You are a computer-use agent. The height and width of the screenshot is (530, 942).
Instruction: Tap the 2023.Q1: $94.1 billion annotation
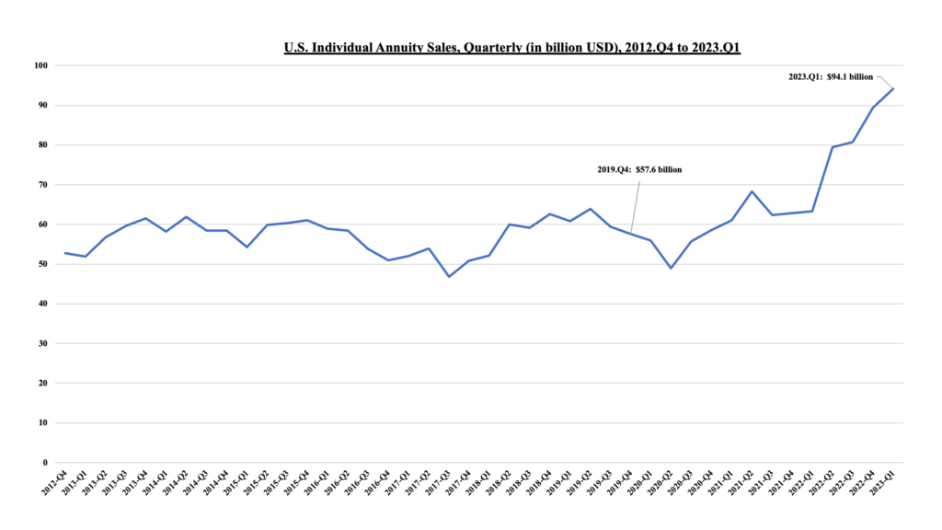[831, 77]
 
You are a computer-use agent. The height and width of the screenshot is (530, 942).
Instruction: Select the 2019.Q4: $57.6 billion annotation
[639, 169]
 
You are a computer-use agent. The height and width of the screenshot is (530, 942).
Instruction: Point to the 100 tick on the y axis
[40, 65]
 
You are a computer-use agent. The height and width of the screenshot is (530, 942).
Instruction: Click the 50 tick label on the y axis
[42, 264]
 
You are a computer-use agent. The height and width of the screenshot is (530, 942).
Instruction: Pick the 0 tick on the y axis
[45, 463]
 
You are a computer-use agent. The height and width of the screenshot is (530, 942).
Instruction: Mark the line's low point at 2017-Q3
[449, 277]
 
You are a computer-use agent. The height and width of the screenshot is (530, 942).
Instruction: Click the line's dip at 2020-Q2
[671, 268]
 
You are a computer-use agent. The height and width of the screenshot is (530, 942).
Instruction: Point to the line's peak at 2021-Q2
[752, 191]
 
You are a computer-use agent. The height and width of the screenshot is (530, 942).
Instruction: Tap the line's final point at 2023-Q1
[892, 88]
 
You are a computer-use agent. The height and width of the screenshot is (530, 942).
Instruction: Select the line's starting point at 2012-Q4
[65, 253]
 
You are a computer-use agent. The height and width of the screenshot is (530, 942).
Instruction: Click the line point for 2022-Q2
[833, 147]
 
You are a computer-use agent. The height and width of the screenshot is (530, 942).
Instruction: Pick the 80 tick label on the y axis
[42, 144]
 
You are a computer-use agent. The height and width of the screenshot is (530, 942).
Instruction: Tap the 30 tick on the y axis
[42, 343]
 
